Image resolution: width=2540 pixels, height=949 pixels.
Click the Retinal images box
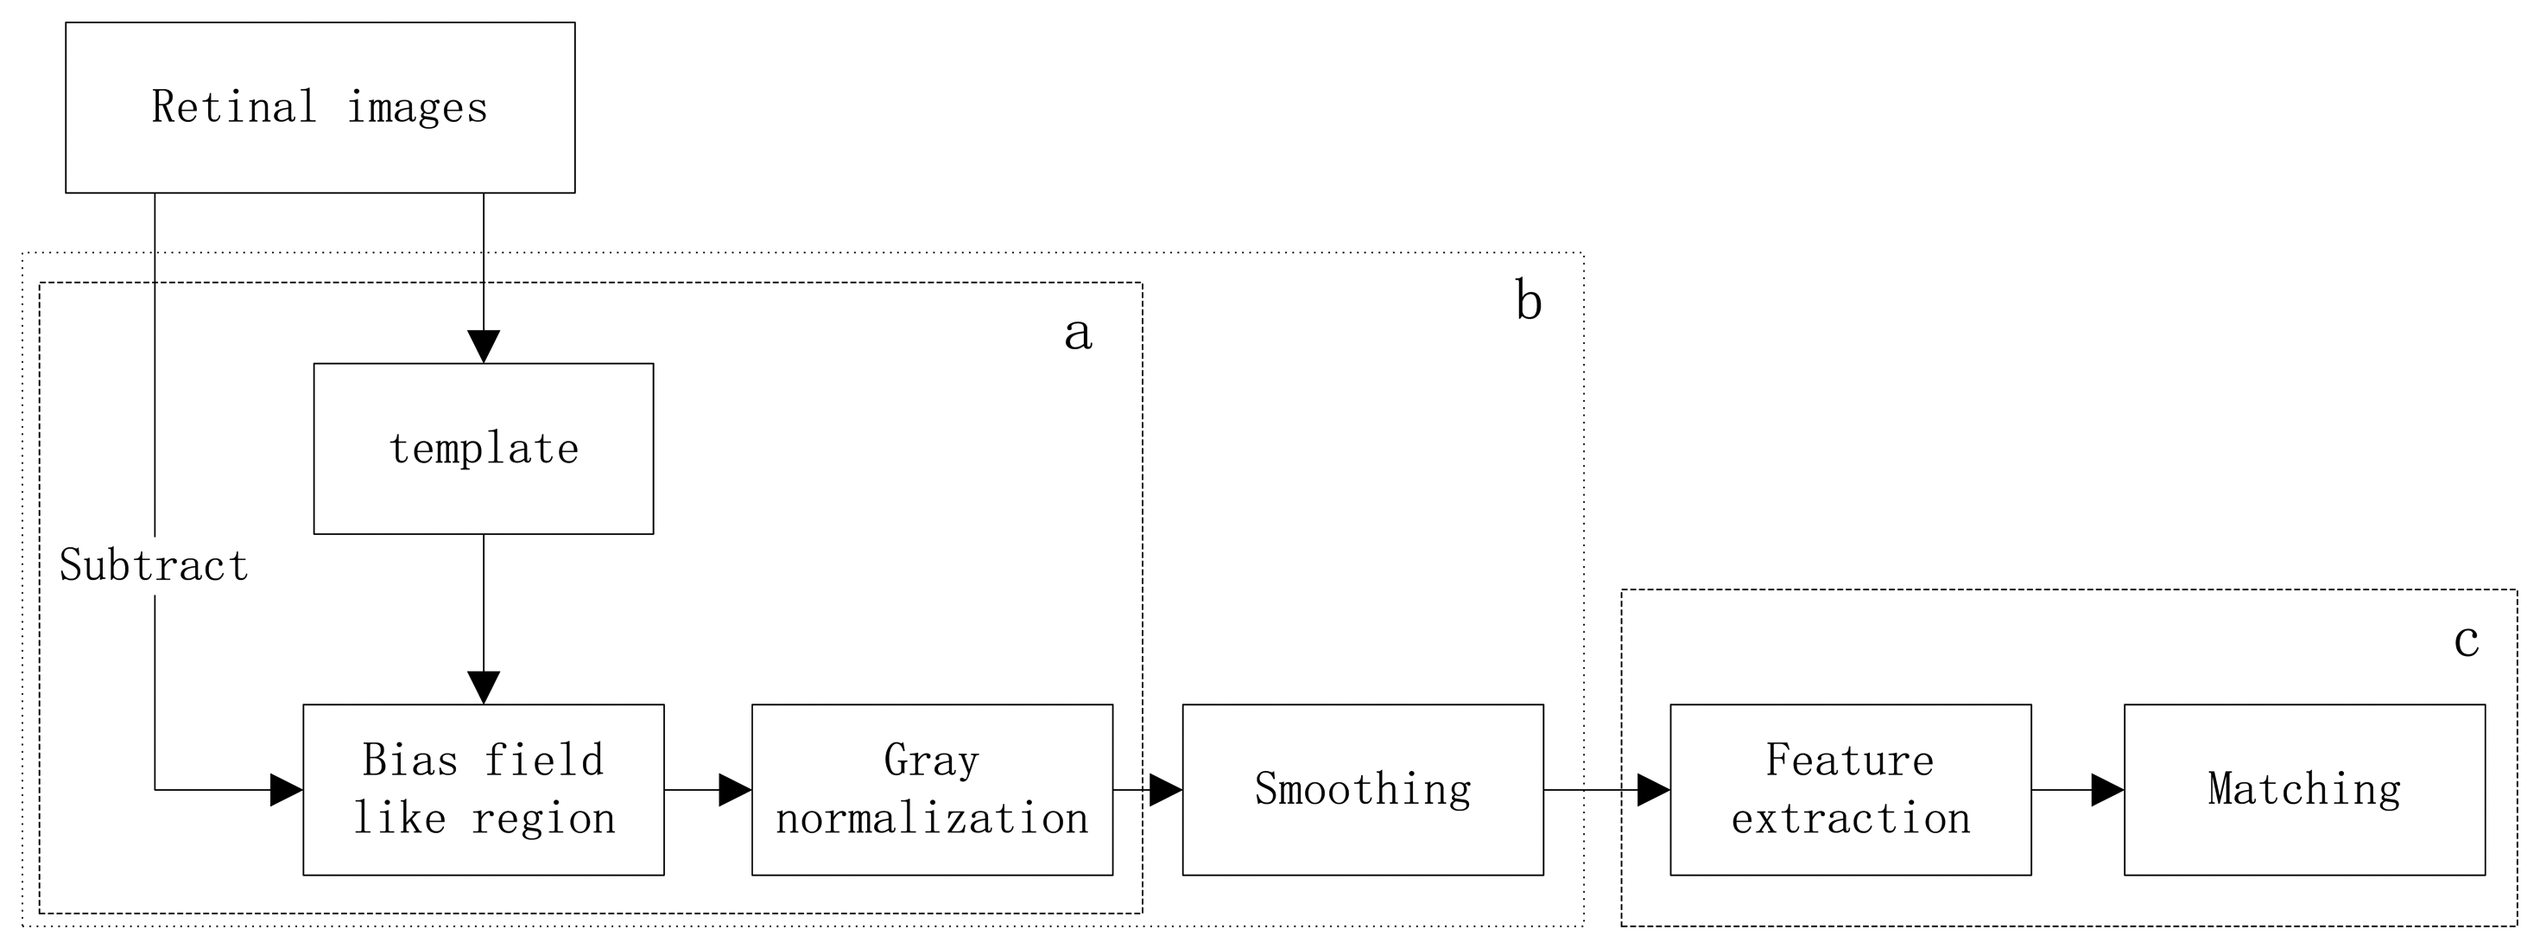(x=320, y=107)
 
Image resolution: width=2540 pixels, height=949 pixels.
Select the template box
(x=483, y=449)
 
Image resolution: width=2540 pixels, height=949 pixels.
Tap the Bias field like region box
(x=483, y=789)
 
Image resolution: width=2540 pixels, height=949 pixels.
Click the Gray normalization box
(x=932, y=789)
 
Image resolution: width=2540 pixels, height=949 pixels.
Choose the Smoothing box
(x=1362, y=789)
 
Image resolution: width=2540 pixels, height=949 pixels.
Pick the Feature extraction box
(x=1850, y=789)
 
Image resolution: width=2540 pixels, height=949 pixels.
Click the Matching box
(x=2303, y=789)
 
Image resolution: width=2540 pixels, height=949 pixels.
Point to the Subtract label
(x=154, y=565)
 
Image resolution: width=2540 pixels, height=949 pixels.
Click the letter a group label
(x=1078, y=333)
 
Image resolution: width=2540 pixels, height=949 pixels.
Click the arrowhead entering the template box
(x=483, y=347)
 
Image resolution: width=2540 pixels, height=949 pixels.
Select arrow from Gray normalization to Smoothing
(x=1149, y=789)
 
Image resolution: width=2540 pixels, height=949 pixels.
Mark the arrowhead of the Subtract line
(x=286, y=789)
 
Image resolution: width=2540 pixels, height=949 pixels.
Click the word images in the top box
(x=417, y=107)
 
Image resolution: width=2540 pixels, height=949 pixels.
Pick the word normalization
(x=932, y=818)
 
